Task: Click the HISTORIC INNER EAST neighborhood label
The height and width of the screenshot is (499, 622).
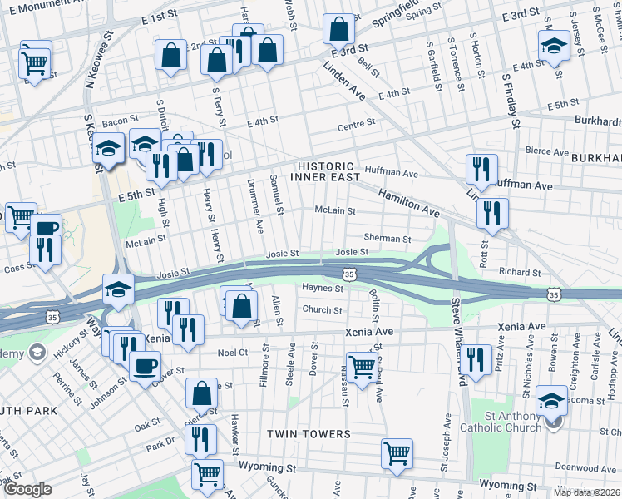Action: (326, 171)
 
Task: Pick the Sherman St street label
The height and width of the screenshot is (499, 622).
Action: (382, 238)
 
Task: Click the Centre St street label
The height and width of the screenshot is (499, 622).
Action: (357, 127)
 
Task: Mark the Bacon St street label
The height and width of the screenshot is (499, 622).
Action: (120, 121)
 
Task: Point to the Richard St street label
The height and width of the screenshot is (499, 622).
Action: (520, 272)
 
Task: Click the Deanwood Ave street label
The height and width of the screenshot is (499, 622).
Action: (575, 467)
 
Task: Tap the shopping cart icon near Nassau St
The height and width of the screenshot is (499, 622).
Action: (362, 365)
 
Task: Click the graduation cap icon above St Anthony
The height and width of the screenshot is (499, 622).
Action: (552, 400)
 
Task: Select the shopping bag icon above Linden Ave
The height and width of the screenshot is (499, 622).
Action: (339, 31)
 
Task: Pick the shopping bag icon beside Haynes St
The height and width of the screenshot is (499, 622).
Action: (239, 305)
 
